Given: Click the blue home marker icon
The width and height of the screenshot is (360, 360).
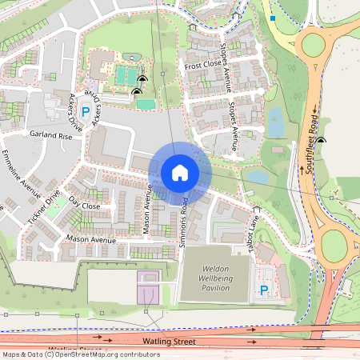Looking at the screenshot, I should [180, 172].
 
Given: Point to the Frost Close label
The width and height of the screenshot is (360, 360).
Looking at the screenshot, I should [202, 66].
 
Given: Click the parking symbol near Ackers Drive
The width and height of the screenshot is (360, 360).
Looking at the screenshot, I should [85, 104].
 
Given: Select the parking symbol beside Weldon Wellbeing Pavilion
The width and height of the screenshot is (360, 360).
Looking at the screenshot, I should [263, 290].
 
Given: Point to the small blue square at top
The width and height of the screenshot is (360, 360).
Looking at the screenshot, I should [273, 18].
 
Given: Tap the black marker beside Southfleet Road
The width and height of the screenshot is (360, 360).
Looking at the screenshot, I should [321, 141].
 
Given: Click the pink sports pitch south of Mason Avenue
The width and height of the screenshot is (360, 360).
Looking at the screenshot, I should [148, 287].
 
